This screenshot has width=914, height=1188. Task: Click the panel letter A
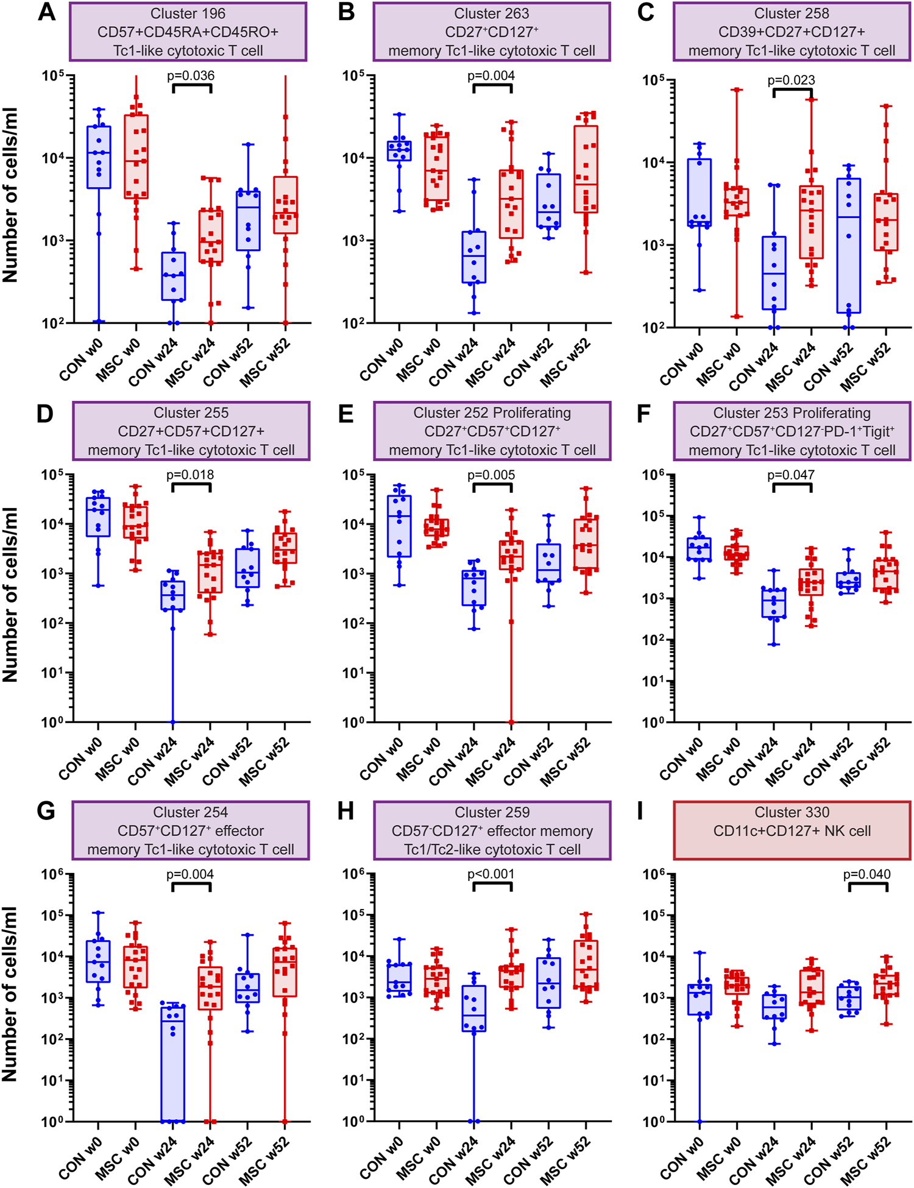[46, 12]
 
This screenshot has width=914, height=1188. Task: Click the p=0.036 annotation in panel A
[191, 76]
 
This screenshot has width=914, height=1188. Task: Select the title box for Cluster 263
[492, 32]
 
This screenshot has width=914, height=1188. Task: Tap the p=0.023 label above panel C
[791, 80]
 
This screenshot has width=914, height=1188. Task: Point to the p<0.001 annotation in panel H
[491, 874]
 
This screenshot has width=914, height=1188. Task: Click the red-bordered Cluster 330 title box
[792, 830]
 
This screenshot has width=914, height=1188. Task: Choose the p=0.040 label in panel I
[866, 874]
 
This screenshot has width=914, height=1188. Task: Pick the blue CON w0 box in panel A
[99, 157]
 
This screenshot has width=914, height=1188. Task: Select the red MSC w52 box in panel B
[586, 169]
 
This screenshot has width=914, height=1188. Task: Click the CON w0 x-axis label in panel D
[82, 759]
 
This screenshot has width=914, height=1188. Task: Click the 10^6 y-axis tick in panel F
[656, 475]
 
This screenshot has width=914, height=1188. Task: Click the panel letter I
[640, 811]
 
